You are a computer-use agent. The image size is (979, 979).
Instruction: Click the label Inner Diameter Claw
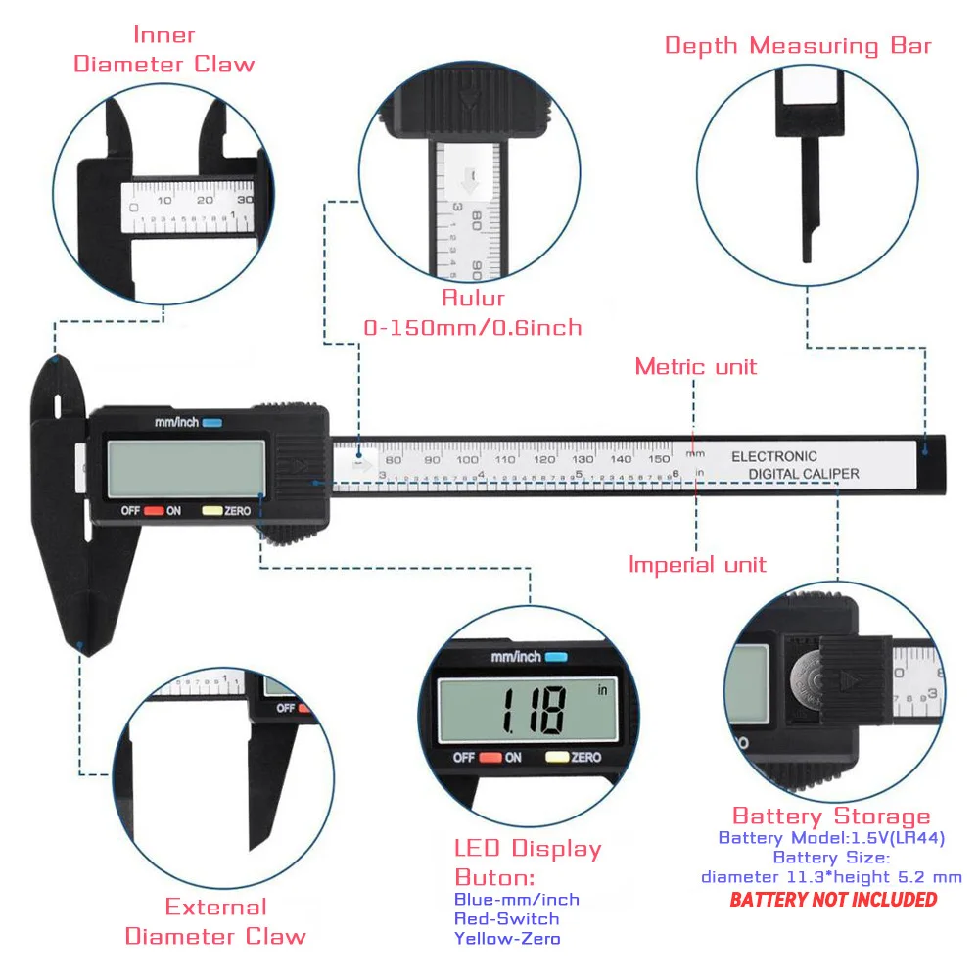click(163, 50)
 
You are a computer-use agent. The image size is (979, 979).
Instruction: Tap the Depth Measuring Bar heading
click(798, 45)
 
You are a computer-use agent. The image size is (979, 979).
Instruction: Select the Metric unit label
click(696, 367)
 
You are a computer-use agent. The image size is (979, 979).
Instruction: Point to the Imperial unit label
click(697, 565)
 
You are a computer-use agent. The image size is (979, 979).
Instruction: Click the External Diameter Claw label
click(215, 921)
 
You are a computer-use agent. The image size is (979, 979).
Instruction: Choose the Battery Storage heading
click(831, 816)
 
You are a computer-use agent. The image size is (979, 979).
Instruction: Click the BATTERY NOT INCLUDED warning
click(833, 899)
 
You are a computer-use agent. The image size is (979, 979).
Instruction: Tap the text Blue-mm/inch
click(516, 899)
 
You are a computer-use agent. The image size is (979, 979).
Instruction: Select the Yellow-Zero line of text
click(507, 938)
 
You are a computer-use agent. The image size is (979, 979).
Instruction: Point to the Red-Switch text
click(506, 918)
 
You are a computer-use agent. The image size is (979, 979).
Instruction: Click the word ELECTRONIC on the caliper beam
click(773, 456)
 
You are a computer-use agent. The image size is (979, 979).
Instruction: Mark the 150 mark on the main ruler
click(659, 459)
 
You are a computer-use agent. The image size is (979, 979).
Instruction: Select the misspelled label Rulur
click(473, 299)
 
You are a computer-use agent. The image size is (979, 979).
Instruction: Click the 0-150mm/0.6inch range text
click(473, 328)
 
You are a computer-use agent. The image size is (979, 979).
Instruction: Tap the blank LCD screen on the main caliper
click(186, 468)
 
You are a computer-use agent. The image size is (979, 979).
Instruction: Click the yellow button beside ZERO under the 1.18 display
click(557, 757)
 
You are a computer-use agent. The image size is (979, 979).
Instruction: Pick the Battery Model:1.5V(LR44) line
click(831, 838)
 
